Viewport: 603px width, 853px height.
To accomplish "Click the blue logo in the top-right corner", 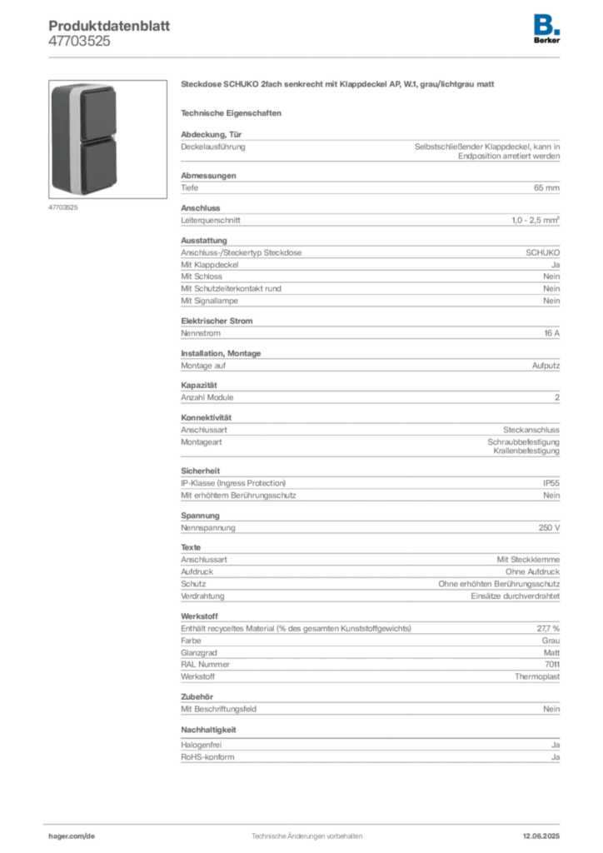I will [548, 23].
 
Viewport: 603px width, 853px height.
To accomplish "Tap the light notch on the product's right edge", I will [117, 138].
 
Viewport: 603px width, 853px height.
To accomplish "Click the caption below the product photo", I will [63, 208].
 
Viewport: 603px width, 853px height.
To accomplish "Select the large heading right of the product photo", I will [339, 85].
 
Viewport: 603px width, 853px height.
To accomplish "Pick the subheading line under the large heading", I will [233, 112].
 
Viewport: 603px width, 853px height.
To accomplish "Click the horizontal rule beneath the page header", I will [306, 57].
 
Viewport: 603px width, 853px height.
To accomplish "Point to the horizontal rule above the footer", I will [306, 821].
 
